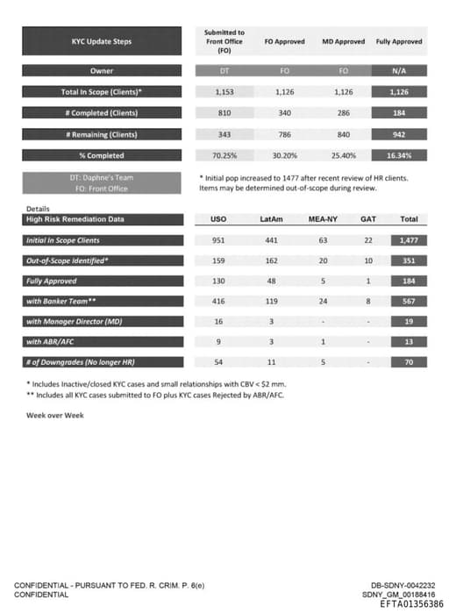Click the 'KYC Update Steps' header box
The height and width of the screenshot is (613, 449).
(102, 41)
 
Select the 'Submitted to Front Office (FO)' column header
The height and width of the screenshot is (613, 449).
(224, 41)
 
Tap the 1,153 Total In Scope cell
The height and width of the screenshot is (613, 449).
(224, 92)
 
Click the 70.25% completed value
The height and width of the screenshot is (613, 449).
(224, 155)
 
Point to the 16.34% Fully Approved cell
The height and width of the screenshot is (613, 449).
(399, 155)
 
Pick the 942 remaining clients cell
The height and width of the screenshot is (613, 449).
(399, 134)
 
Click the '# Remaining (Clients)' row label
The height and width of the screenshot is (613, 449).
(102, 134)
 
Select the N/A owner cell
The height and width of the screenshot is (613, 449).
(399, 71)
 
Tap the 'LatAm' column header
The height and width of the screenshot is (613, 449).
(271, 219)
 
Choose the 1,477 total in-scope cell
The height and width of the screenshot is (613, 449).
(408, 240)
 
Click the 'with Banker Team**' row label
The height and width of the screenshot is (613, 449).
(102, 301)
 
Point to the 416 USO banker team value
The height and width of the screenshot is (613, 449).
(219, 301)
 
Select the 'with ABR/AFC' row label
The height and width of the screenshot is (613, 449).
(102, 341)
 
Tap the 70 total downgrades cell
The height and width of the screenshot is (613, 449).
(408, 361)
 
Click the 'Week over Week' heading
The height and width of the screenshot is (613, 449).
(54, 415)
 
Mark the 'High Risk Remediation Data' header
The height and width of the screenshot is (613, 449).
(102, 219)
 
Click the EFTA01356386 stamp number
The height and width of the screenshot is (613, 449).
(411, 604)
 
